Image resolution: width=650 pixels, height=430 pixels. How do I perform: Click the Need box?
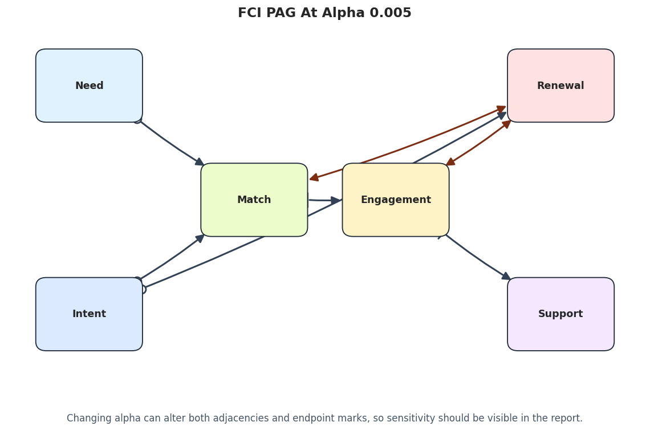coord(89,86)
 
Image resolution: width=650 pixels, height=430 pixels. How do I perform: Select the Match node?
coord(254,200)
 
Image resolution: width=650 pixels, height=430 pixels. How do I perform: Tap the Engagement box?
coord(396,200)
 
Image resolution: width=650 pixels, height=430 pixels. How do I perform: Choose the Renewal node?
coord(561,86)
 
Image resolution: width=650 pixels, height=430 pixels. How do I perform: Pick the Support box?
coord(561,314)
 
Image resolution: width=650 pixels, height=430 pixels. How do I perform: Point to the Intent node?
coord(89,314)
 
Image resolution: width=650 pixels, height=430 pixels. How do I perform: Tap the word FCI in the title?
coord(250,13)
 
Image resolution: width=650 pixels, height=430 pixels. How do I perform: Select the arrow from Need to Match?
coord(170,142)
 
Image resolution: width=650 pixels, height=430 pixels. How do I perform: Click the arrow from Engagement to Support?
coord(475,258)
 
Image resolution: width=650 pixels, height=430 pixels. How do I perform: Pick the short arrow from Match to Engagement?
coord(324,201)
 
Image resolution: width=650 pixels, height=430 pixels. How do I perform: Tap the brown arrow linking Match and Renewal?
coord(408,144)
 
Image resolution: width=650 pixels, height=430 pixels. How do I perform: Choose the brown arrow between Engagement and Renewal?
coord(478,143)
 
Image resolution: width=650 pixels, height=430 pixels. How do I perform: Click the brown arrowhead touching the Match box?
coord(314,178)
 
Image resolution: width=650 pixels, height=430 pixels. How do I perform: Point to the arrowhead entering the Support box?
coord(506,277)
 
